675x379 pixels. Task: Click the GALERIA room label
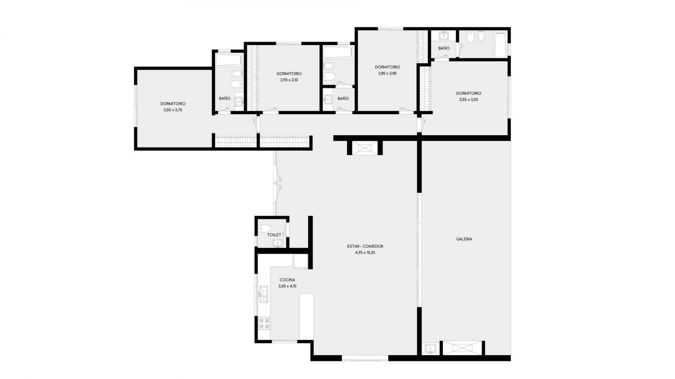coord(464,239)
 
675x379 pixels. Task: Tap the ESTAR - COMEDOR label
coord(365,246)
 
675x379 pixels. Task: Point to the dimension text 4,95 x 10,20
coord(365,253)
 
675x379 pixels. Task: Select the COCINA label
coord(287,280)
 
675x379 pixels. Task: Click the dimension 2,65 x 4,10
coord(287,286)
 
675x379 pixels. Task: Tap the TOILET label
coord(274,234)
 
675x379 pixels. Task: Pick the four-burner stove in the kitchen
coord(264,323)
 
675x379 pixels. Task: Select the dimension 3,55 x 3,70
coord(173,110)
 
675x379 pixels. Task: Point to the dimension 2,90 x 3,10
coord(289,80)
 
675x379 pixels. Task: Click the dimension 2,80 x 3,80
coord(388,73)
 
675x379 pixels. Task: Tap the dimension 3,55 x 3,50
coord(469,100)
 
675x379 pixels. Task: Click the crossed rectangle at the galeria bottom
coord(462,348)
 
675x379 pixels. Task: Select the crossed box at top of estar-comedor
coord(365,148)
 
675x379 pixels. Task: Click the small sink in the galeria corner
coord(431,349)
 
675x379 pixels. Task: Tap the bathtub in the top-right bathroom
coord(501,44)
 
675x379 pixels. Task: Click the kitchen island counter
coord(307,316)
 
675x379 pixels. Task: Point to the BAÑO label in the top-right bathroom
coord(444,48)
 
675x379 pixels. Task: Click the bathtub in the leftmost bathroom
coord(229,59)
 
